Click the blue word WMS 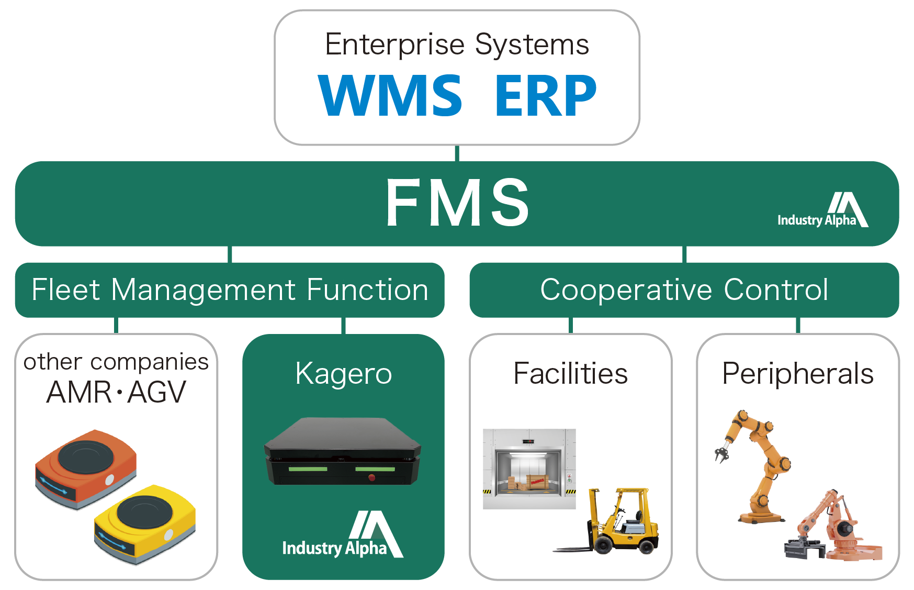[x=390, y=95]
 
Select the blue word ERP [x=545, y=95]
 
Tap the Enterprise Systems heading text [x=457, y=44]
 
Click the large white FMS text [x=457, y=203]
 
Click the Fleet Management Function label [x=230, y=290]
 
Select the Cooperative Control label [x=684, y=290]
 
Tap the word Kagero [x=343, y=374]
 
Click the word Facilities [x=570, y=374]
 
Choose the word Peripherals [x=797, y=374]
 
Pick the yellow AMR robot [x=145, y=523]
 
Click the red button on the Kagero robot [x=371, y=477]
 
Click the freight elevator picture [x=529, y=469]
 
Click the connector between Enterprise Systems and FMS [x=457, y=153]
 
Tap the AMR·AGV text [x=116, y=392]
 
